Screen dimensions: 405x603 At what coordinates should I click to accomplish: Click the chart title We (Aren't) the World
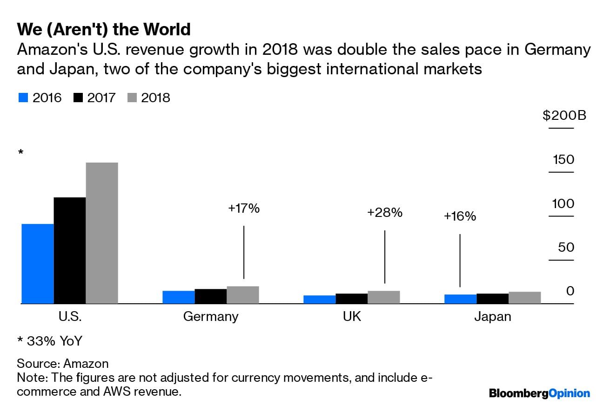(104, 29)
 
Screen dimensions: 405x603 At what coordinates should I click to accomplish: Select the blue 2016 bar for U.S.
(38, 263)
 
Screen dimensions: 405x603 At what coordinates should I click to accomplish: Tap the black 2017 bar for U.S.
(70, 250)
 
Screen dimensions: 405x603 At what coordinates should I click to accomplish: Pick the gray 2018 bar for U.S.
(102, 233)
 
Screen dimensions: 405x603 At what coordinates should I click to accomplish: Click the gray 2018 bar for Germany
(243, 295)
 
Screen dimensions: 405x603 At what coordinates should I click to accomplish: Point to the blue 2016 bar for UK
(319, 300)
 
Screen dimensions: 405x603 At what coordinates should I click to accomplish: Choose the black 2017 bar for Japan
(493, 299)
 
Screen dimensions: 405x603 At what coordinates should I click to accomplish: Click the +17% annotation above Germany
(243, 209)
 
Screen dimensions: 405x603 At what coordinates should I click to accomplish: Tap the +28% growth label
(384, 213)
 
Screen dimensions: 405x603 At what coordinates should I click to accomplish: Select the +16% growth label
(460, 216)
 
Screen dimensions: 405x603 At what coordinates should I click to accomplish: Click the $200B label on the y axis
(564, 115)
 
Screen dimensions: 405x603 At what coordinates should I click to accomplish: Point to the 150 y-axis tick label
(563, 160)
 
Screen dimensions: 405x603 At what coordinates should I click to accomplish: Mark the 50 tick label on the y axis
(566, 247)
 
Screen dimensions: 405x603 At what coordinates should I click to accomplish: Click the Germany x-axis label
(211, 317)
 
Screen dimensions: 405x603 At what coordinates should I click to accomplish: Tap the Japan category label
(493, 317)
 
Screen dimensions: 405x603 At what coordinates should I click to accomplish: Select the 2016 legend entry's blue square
(23, 98)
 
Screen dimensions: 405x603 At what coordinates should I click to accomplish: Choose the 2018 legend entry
(149, 98)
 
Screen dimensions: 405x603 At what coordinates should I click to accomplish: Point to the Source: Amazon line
(62, 363)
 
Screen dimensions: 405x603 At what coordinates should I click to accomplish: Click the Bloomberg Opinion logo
(539, 393)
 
